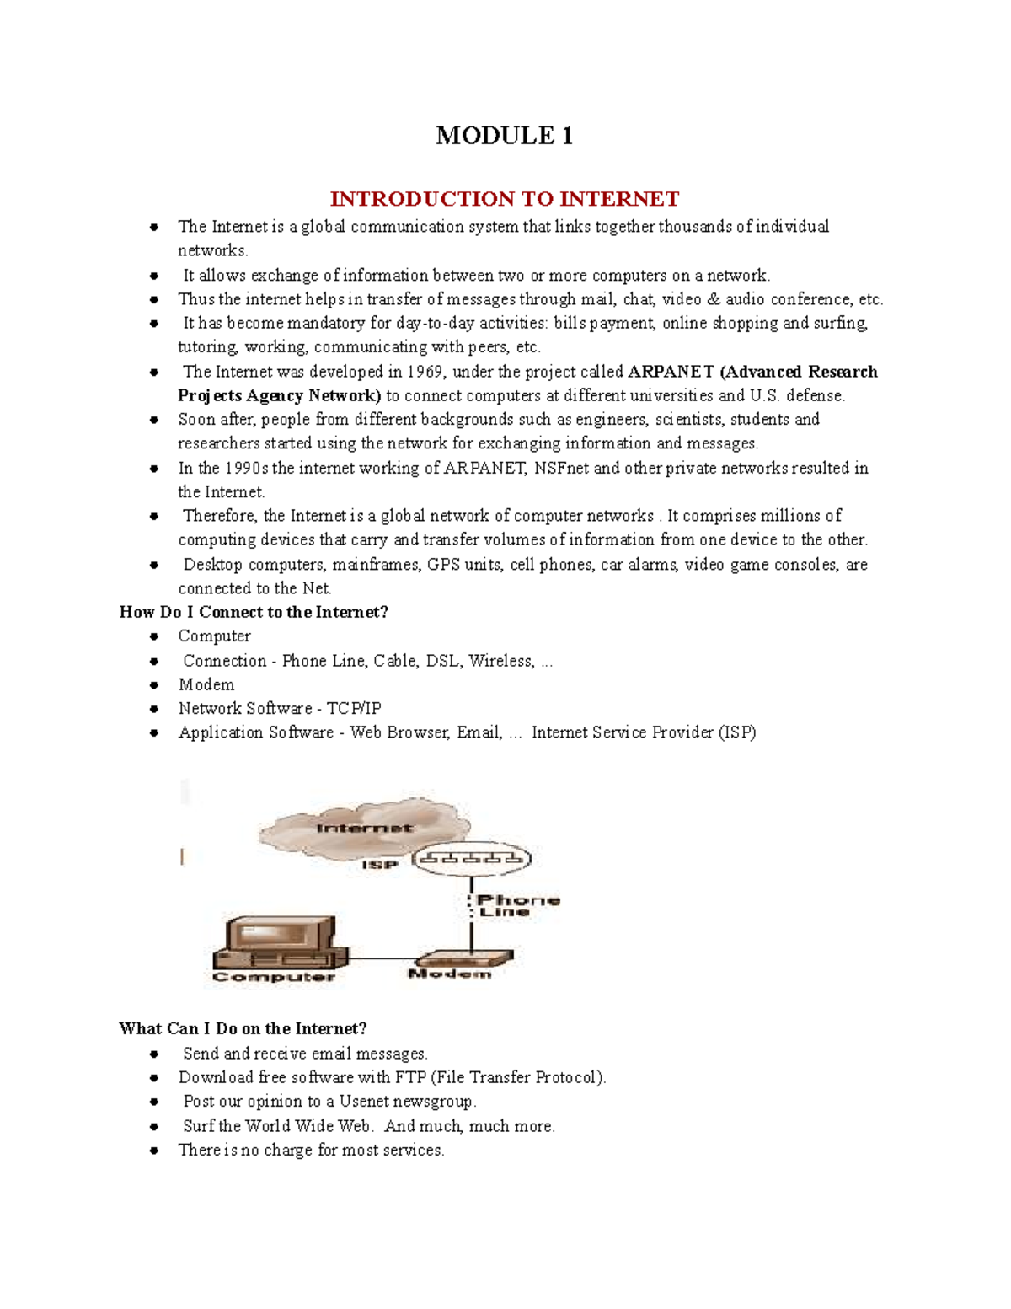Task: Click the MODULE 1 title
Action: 504,136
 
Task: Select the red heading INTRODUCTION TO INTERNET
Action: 504,199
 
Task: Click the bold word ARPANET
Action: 671,372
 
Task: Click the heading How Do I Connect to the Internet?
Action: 254,612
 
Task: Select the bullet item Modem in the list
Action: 206,684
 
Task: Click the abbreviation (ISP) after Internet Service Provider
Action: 737,732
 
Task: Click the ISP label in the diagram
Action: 379,865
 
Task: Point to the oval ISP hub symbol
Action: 472,859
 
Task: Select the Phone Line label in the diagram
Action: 516,906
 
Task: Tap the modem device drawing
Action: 463,958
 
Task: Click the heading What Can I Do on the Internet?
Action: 243,1028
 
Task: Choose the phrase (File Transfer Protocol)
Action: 518,1077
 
